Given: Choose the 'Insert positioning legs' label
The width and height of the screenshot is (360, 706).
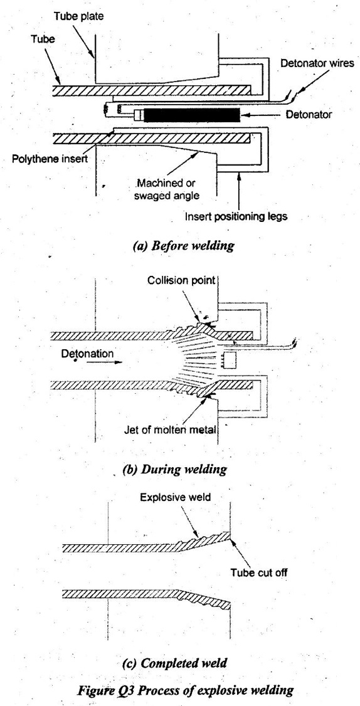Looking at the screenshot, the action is point(236,216).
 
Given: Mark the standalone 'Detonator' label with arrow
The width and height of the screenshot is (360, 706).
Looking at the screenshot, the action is point(309,114).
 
